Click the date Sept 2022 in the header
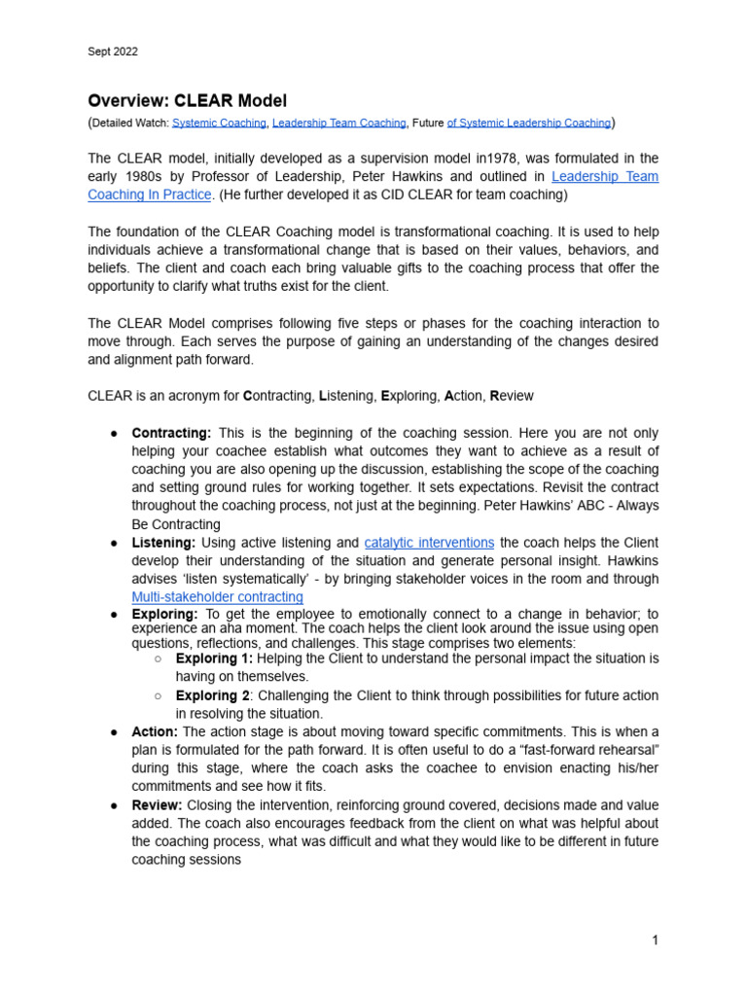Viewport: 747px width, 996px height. click(x=113, y=52)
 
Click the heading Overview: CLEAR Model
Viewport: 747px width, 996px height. click(x=187, y=100)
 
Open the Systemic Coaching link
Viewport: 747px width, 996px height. click(x=219, y=123)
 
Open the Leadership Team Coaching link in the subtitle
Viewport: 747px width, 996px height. click(x=338, y=123)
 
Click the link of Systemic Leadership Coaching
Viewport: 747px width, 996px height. click(x=529, y=123)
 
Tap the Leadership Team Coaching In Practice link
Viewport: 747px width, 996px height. click(x=149, y=195)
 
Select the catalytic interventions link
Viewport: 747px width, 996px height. click(x=429, y=543)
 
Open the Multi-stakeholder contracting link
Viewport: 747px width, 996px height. click(x=217, y=597)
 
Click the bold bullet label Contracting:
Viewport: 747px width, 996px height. click(x=171, y=433)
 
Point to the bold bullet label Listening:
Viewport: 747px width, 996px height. click(x=163, y=543)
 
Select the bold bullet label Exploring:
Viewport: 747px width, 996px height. click(x=164, y=615)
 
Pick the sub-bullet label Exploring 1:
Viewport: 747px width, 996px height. click(x=214, y=658)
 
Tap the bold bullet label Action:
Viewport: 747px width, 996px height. click(x=155, y=731)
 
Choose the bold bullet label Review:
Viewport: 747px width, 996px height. click(x=158, y=805)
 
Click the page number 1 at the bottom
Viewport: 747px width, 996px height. click(x=656, y=941)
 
